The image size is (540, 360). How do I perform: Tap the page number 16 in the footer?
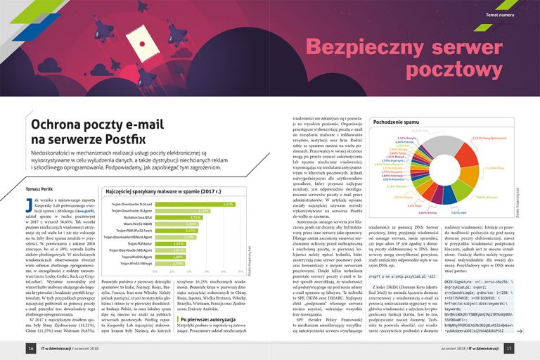click(x=31, y=348)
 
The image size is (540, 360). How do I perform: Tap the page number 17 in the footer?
click(x=508, y=348)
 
